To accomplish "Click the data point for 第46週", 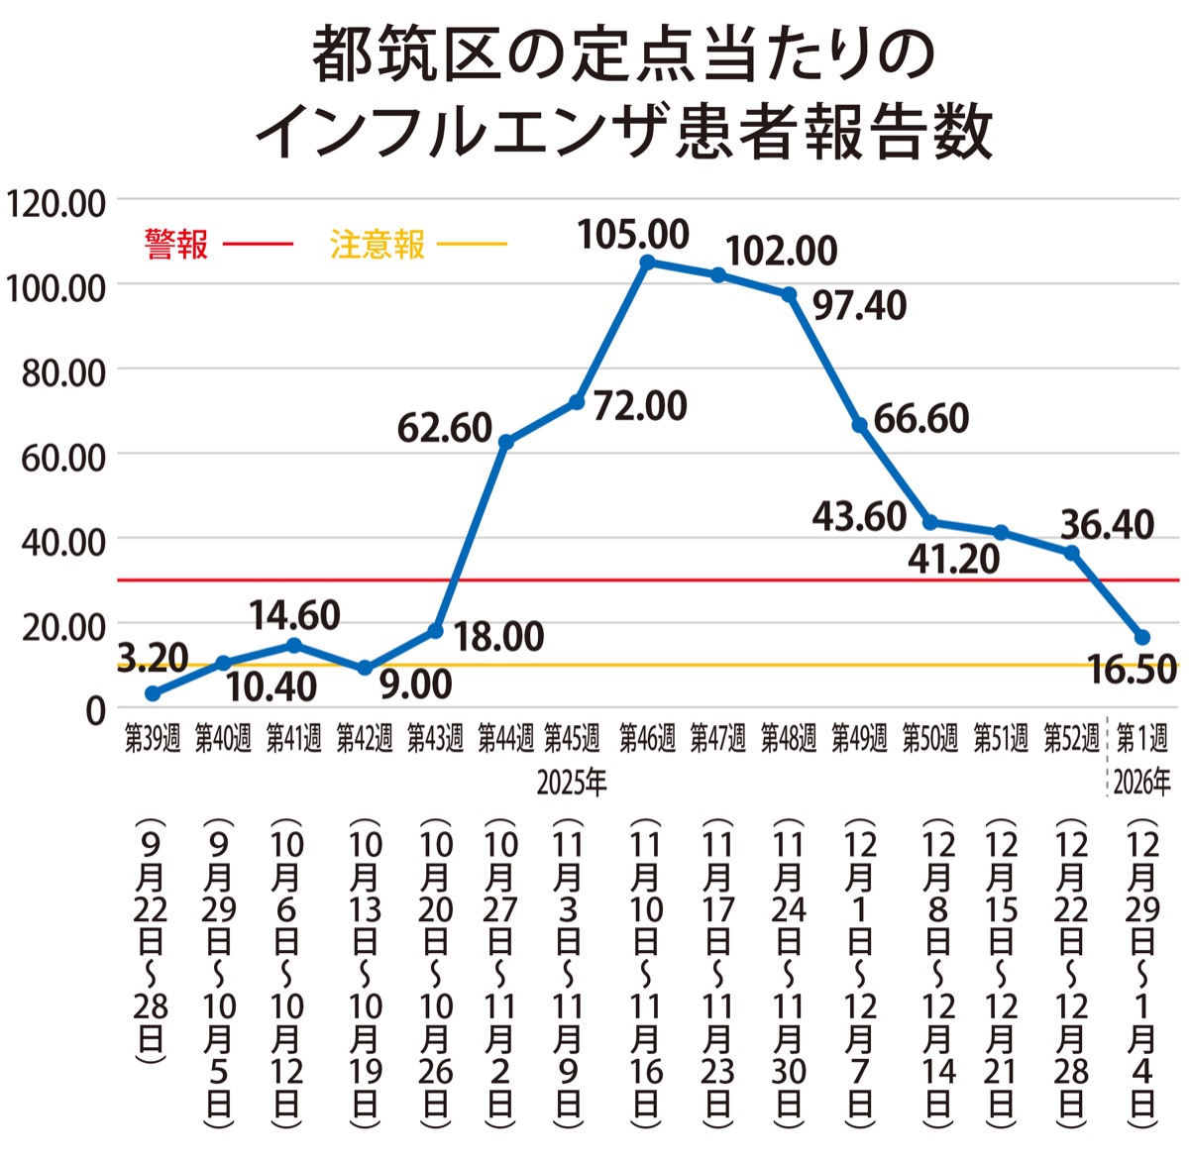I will pos(647,263).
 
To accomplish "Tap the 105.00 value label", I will pos(633,235).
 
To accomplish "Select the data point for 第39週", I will pos(152,693).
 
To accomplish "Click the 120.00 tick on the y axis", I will pos(55,203).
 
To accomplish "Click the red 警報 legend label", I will pos(175,244).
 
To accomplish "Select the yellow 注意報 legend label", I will pos(377,244).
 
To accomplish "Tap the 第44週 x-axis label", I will pos(505,738).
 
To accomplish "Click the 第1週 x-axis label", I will pos(1141,738).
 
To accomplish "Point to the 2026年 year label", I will pos(1141,783).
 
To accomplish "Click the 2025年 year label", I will pos(572,783).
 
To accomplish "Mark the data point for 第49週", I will pos(860,425).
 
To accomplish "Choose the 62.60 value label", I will pos(445,428).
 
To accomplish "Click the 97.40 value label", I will pos(859,306).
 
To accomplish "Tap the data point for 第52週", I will pos(1072,553).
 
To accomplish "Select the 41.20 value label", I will pos(954,560).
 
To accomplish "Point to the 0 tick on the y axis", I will pos(95,710).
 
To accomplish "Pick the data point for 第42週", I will pos(365,669).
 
